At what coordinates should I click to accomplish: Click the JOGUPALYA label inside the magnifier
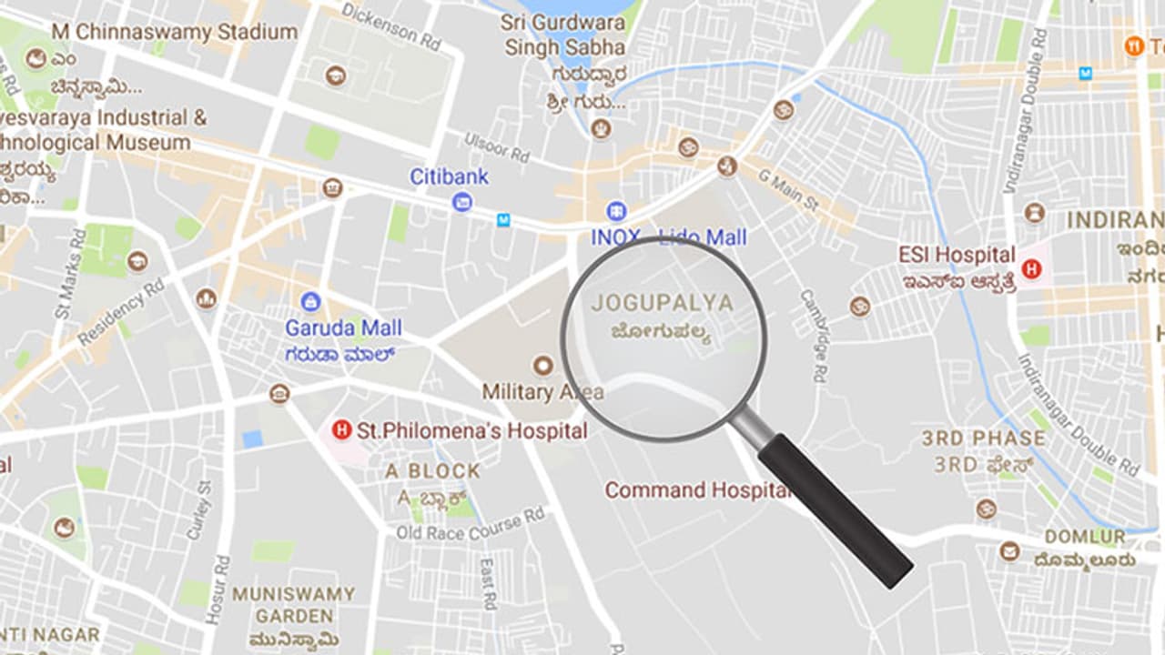[662, 303]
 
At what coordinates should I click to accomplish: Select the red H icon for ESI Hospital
[1031, 269]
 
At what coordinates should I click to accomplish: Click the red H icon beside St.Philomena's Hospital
[341, 429]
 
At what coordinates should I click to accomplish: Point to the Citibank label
[449, 176]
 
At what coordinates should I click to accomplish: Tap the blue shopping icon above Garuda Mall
[310, 302]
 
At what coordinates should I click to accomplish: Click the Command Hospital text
[697, 490]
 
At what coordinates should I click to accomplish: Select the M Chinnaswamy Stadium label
[174, 32]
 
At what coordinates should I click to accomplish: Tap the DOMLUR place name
[1084, 537]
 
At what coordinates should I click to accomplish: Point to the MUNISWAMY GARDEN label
[293, 605]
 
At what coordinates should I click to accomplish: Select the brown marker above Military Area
[543, 366]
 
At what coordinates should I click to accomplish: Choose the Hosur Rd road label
[216, 589]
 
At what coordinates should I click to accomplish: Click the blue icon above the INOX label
[616, 211]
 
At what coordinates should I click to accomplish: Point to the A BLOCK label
[432, 470]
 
